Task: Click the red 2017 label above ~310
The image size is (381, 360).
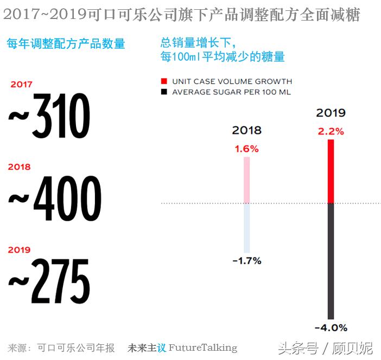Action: tap(21, 85)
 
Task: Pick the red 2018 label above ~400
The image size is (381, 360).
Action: tap(20, 168)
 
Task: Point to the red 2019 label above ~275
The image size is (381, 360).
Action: tap(20, 250)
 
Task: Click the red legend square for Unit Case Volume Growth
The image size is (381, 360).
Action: tap(164, 81)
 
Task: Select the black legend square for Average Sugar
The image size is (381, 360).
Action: tap(164, 92)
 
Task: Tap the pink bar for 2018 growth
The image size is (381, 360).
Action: tap(247, 180)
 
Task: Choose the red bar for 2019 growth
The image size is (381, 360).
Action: tap(331, 171)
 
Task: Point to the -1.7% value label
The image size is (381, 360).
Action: tap(247, 261)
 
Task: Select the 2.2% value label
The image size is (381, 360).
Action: tap(331, 131)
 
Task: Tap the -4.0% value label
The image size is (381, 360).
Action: tap(331, 327)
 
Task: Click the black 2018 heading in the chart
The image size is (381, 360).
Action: tap(246, 130)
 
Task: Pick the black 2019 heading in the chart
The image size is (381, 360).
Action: tap(331, 113)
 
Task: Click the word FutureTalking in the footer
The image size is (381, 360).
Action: tap(203, 348)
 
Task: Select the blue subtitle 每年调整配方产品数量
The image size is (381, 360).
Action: tap(66, 44)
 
